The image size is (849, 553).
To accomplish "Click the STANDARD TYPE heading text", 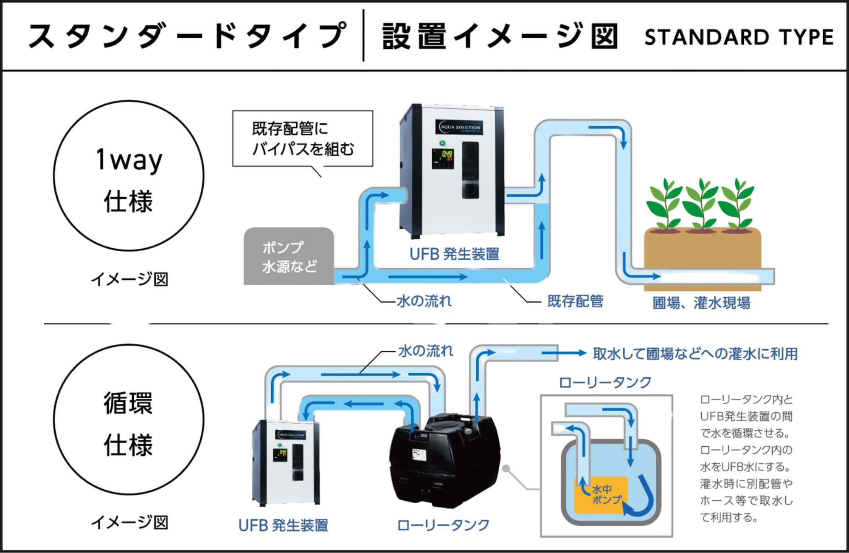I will tap(739, 37).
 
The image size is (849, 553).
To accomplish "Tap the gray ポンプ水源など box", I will tap(289, 256).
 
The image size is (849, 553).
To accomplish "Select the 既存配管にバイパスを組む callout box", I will tap(302, 139).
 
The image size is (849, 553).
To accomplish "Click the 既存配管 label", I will tap(575, 301).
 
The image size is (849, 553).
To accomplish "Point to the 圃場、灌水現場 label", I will tap(701, 303).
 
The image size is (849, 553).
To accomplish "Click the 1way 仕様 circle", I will tap(129, 176).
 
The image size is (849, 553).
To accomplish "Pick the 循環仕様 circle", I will tap(129, 419).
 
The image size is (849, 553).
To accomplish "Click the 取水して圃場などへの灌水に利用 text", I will tap(695, 354).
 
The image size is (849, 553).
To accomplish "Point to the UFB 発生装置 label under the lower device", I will tap(283, 526).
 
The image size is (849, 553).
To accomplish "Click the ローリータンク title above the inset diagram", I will tap(605, 383).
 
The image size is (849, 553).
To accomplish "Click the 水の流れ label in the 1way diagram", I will tap(424, 301).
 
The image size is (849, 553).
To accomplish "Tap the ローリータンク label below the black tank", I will tap(443, 525).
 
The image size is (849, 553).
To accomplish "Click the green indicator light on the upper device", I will tap(442, 143).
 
